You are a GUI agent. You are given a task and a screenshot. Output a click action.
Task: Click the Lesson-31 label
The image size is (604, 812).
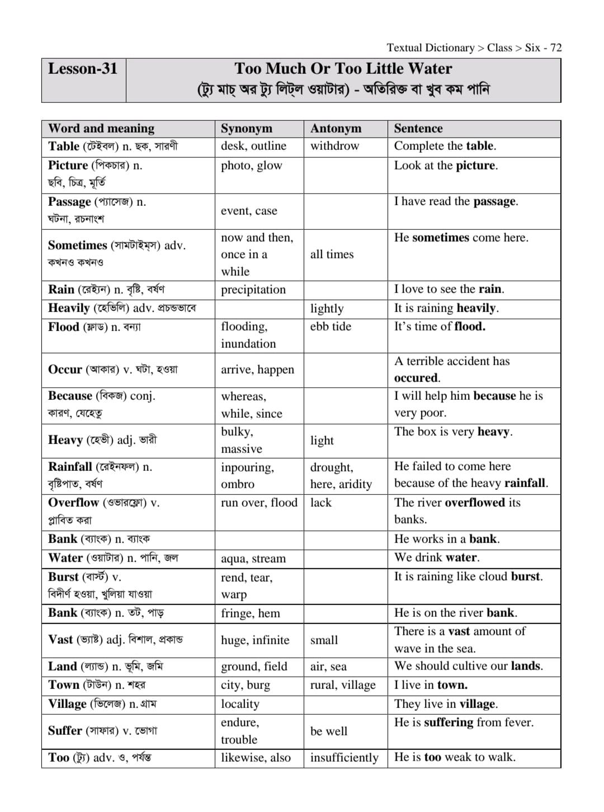83,69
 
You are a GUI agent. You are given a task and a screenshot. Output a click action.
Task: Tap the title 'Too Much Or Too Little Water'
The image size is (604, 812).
343,69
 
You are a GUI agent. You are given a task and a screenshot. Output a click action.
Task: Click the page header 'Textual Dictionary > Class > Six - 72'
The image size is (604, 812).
474,48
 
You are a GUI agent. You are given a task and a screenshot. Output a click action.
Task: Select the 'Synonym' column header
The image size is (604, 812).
246,129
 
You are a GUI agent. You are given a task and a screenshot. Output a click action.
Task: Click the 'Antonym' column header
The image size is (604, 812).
336,129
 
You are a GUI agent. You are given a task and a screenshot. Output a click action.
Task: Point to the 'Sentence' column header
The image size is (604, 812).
418,129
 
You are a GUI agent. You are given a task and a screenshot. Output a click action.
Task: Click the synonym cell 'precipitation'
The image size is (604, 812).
253,290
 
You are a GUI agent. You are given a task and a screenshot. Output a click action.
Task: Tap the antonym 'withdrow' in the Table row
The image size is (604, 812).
334,146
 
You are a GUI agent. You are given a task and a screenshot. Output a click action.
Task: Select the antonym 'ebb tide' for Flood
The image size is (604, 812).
331,327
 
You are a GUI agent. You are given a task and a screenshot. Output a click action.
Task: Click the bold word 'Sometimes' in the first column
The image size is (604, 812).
77,246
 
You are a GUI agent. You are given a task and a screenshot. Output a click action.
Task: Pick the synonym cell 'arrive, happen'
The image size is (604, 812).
257,370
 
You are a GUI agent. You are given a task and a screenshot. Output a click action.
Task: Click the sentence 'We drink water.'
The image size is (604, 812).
436,558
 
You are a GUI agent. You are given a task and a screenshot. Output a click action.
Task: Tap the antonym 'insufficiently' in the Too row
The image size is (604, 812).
344,758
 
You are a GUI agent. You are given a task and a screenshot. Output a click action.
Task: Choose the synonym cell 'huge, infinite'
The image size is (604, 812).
255,640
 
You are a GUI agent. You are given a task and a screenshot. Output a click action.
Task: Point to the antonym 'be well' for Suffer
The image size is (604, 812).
329,731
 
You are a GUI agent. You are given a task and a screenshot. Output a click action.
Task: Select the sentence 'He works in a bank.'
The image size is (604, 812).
447,539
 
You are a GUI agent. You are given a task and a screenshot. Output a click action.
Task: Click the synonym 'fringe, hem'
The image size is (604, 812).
250,613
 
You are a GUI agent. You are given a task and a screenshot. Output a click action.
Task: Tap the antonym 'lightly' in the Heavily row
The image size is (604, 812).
327,309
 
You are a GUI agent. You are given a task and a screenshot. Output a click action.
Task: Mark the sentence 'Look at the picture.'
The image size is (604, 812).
446,166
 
